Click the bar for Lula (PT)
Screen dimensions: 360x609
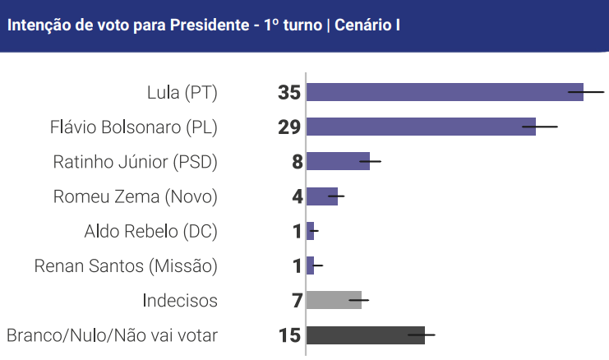point(444,92)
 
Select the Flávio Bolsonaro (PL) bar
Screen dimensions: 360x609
point(420,127)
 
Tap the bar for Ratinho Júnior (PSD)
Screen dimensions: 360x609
point(337,161)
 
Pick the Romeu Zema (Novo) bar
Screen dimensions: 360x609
point(321,196)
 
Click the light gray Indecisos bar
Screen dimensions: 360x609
point(333,300)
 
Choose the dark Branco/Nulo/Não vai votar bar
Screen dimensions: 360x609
point(365,335)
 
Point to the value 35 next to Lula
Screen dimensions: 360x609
point(289,92)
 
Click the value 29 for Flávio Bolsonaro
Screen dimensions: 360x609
point(289,127)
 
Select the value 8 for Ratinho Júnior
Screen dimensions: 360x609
point(297,162)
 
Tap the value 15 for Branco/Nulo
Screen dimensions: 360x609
point(290,335)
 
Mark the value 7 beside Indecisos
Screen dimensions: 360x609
point(297,300)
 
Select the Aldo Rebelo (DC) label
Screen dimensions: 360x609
point(151,231)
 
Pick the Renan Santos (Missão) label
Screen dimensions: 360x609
point(126,265)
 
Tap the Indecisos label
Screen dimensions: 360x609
point(180,300)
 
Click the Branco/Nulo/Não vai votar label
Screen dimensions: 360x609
point(112,335)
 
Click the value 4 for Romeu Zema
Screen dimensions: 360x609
point(297,196)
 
